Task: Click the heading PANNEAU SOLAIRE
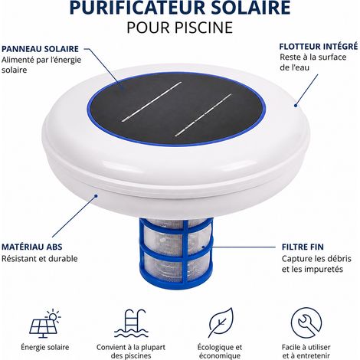[40, 49]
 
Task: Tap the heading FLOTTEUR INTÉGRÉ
[319, 47]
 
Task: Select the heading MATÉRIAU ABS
[32, 247]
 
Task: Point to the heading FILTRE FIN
[303, 247]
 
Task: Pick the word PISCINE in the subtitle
[204, 28]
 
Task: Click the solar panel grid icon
[45, 324]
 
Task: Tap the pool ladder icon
[131, 324]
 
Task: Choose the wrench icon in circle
[306, 322]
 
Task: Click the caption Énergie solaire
[45, 347]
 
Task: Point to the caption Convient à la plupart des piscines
[131, 352]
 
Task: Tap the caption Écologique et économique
[220, 352]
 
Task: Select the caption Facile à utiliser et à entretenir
[306, 352]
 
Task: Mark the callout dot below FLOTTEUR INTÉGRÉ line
[296, 105]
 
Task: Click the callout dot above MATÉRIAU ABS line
[96, 196]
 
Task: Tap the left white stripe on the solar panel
[152, 102]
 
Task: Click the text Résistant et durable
[40, 259]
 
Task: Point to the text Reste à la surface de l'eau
[313, 62]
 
